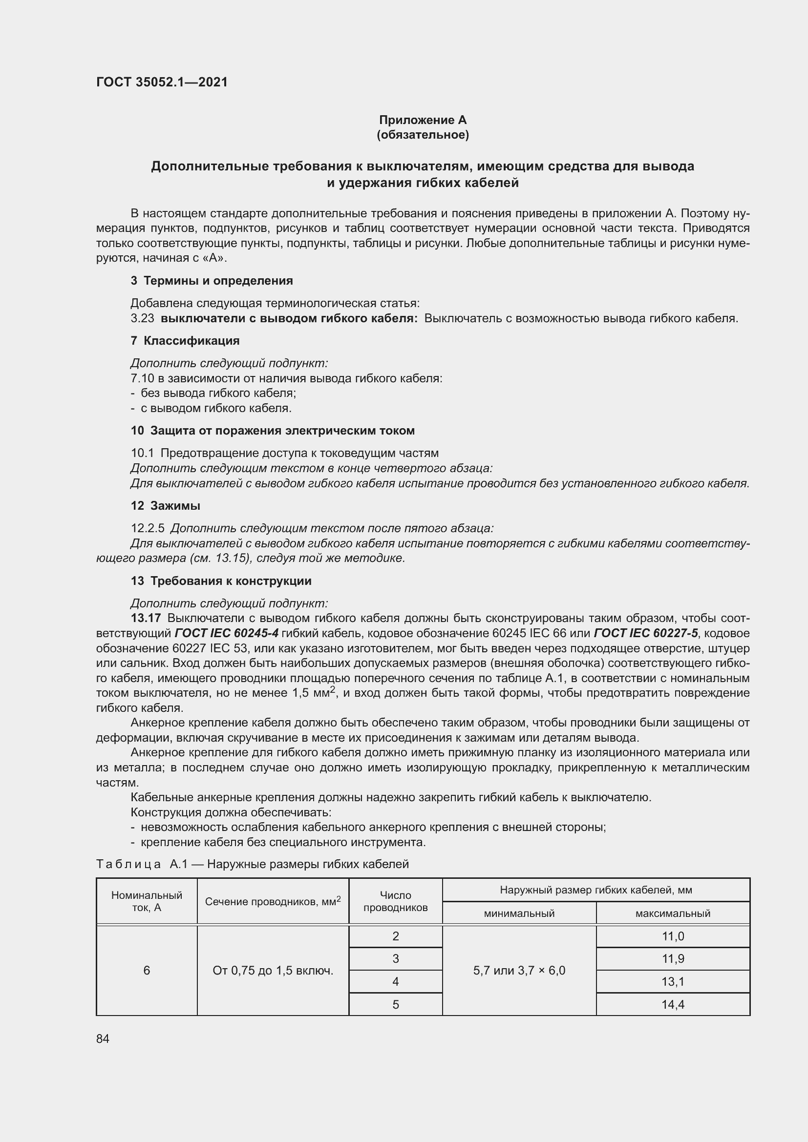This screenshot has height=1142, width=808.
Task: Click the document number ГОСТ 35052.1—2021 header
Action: coord(162,82)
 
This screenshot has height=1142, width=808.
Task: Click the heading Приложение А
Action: coord(423,120)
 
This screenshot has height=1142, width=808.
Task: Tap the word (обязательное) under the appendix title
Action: coord(423,135)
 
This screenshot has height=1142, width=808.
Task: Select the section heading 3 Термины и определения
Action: coord(212,281)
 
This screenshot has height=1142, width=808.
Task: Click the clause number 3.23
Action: coord(142,318)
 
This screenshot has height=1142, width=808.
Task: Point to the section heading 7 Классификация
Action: coord(185,341)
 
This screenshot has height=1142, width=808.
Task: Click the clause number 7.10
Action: coord(142,378)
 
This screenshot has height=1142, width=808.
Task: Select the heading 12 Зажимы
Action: coord(165,506)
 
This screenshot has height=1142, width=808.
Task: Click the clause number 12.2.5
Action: coord(147,528)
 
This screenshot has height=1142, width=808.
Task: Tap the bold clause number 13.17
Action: coord(146,618)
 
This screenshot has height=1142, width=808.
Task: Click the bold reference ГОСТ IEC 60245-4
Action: coord(226,633)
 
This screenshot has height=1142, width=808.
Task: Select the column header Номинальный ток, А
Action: coord(147,901)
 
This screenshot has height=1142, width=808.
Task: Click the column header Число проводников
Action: coord(396,901)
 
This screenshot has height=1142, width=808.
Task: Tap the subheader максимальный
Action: coord(673,913)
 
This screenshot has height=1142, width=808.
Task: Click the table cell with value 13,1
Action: coord(673,981)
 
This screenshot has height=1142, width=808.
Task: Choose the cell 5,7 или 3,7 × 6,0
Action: coord(519,971)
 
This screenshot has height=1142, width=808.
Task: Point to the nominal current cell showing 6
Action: coord(147,971)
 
